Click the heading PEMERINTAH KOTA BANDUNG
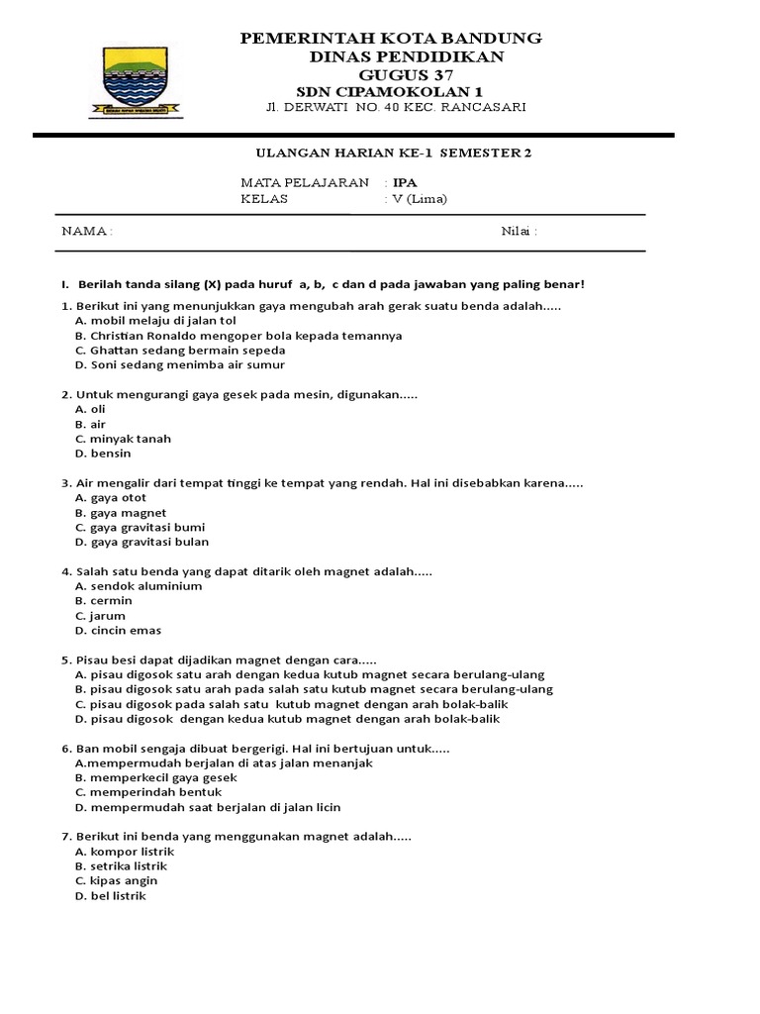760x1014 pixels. point(393,38)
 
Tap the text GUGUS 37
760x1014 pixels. point(393,74)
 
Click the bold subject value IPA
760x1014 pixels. point(404,183)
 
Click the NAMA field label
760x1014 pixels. point(87,232)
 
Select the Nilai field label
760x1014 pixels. point(520,232)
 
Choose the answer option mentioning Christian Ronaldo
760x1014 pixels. point(238,336)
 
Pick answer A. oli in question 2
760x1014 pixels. point(90,409)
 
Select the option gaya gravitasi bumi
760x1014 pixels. point(140,527)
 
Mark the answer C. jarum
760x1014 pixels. point(100,615)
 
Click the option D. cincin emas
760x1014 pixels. point(118,630)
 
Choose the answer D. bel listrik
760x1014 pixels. point(110,895)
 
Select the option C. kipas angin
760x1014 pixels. point(116,880)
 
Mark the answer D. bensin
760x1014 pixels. point(103,454)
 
